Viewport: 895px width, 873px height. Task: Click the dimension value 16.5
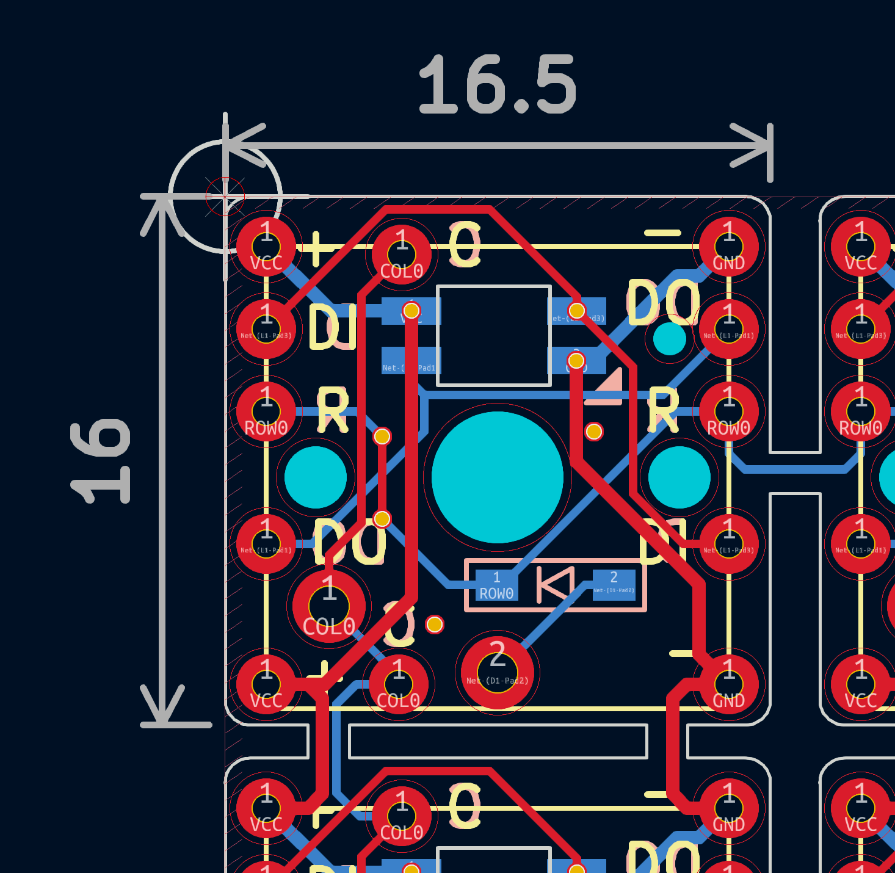click(498, 85)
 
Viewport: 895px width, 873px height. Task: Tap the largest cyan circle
click(497, 477)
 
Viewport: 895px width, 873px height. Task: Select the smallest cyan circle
click(669, 339)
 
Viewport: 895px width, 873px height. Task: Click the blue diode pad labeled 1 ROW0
click(496, 585)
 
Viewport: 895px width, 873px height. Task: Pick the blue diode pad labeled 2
click(614, 584)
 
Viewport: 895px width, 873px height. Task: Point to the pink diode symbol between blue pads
click(555, 585)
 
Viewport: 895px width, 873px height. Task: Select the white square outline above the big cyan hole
click(494, 336)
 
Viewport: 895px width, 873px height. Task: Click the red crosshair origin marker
click(225, 196)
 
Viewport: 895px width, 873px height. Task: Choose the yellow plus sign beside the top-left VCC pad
click(316, 248)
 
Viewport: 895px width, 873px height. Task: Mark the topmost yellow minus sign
click(662, 233)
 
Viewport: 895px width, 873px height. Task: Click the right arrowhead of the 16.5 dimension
click(757, 145)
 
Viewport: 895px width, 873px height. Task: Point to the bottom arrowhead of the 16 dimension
click(162, 708)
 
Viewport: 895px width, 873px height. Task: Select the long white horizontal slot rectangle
click(498, 741)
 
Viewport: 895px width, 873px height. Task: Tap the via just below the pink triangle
click(593, 432)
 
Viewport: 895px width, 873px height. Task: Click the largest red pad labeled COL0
click(329, 606)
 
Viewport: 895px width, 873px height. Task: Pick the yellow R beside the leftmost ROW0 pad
click(333, 411)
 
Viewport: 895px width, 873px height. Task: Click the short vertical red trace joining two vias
click(382, 477)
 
